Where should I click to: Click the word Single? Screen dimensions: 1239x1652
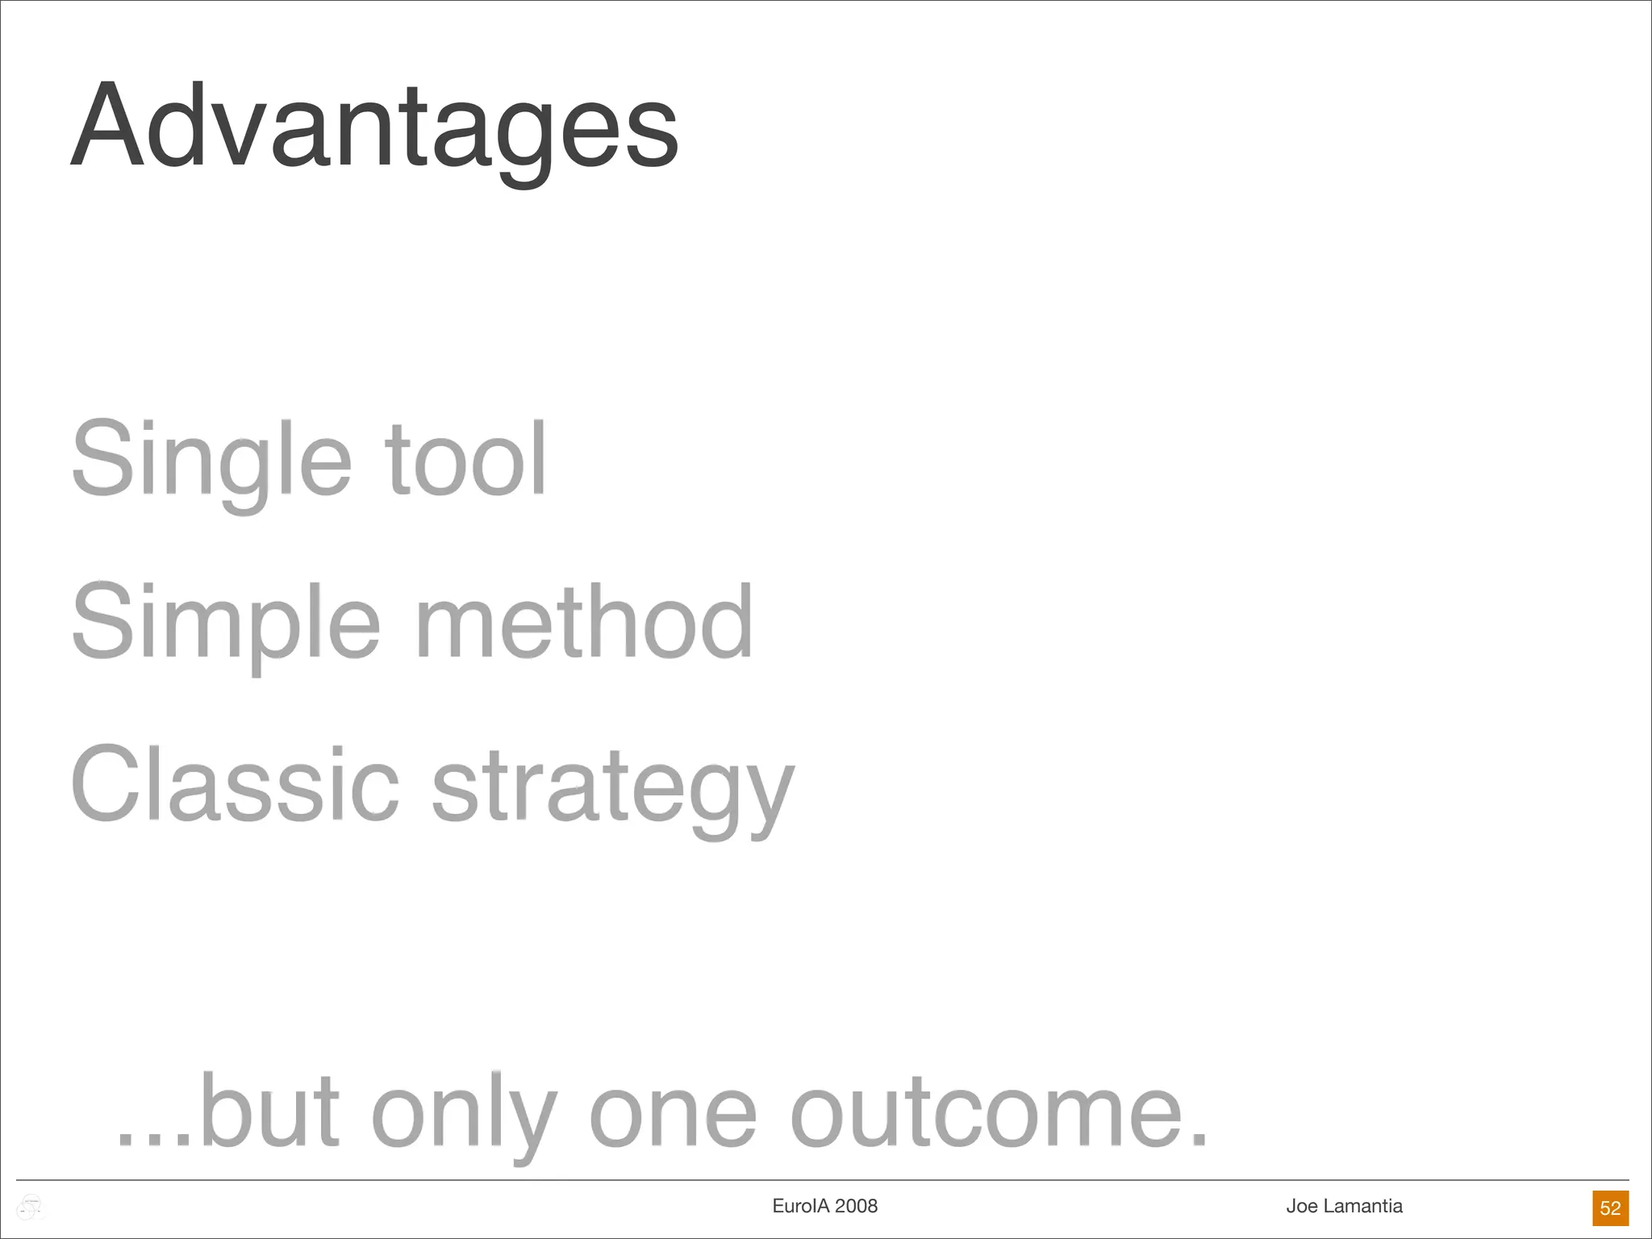coord(211,460)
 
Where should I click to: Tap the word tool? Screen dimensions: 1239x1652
coord(466,460)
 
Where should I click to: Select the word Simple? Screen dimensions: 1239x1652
coord(226,623)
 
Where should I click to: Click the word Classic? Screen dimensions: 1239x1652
coord(235,785)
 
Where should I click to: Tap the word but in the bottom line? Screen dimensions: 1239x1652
coord(270,1113)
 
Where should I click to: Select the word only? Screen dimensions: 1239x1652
coord(464,1117)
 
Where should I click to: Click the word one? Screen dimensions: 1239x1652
coord(674,1117)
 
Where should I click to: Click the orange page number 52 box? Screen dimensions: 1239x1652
coord(1610,1208)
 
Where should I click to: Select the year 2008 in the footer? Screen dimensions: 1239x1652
coord(856,1206)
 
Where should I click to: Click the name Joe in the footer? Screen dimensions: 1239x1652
coord(1302,1206)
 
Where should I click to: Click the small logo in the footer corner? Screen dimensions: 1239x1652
coord(30,1208)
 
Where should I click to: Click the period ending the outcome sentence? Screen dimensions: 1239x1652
coord(1199,1139)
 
